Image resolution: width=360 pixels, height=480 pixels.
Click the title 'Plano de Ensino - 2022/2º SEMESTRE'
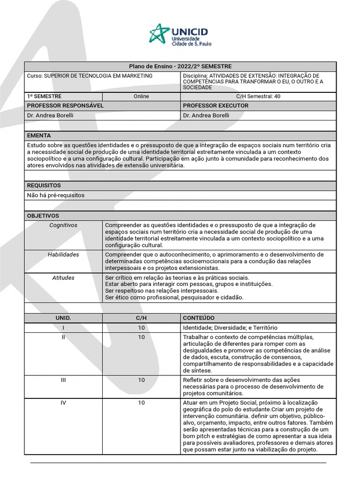pyautogui.click(x=180, y=67)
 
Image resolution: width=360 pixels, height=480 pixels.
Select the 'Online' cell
pyautogui.click(x=141, y=96)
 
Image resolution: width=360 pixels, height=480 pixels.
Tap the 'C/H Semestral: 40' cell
pyautogui.click(x=258, y=96)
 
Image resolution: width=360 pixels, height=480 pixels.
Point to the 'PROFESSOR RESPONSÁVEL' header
pyautogui.click(x=65, y=106)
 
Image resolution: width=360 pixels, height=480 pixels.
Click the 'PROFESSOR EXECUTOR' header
pyautogui.click(x=216, y=106)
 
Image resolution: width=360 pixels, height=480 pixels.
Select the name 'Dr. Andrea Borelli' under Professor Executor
pyautogui.click(x=206, y=115)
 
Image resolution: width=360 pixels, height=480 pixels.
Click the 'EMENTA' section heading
pyautogui.click(x=39, y=135)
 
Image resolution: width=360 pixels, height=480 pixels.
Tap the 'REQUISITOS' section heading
pyautogui.click(x=44, y=186)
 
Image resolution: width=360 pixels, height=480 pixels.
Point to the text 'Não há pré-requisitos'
pyautogui.click(x=56, y=195)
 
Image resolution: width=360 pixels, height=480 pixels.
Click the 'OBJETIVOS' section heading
pyautogui.click(x=43, y=216)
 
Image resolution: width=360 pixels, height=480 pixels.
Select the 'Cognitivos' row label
pyautogui.click(x=63, y=225)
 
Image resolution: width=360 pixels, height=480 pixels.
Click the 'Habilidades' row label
pyautogui.click(x=63, y=255)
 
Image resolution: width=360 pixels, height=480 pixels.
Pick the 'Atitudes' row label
pyautogui.click(x=63, y=278)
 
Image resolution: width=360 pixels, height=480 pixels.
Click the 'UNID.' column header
pyautogui.click(x=63, y=318)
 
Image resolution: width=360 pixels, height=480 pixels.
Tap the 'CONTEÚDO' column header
pyautogui.click(x=199, y=318)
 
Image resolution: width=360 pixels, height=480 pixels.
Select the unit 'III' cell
pyautogui.click(x=63, y=380)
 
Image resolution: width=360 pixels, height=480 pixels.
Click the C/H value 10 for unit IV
pyautogui.click(x=141, y=403)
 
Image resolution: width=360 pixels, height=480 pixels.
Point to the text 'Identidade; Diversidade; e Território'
pyautogui.click(x=233, y=328)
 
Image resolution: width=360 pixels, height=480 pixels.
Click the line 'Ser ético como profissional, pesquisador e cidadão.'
pyautogui.click(x=174, y=297)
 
